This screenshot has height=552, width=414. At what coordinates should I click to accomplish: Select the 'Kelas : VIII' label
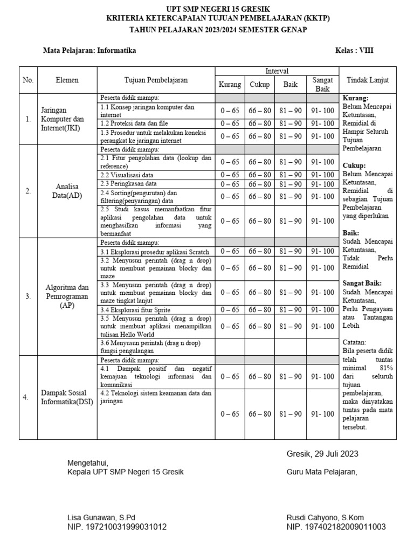point(354,51)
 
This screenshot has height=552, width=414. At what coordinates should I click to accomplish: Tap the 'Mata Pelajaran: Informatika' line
point(89,51)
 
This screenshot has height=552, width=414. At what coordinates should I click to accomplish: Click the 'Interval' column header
point(277,71)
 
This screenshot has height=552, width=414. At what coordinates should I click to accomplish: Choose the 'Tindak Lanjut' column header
point(368,80)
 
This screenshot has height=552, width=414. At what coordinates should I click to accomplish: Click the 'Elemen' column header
point(67,80)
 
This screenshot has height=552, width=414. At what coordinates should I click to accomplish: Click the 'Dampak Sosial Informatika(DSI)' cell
point(67,397)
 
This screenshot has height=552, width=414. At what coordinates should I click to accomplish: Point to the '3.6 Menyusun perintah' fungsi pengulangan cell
point(155,347)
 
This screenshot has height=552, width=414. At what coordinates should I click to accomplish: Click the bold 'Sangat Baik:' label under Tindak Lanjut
point(362,283)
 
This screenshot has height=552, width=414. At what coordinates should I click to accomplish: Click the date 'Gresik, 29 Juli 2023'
point(322,454)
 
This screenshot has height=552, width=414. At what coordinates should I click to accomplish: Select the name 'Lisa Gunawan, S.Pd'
point(101,517)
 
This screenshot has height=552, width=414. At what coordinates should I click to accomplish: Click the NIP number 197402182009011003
point(336,527)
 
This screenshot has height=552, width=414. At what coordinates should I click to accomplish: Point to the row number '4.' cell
point(25,397)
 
